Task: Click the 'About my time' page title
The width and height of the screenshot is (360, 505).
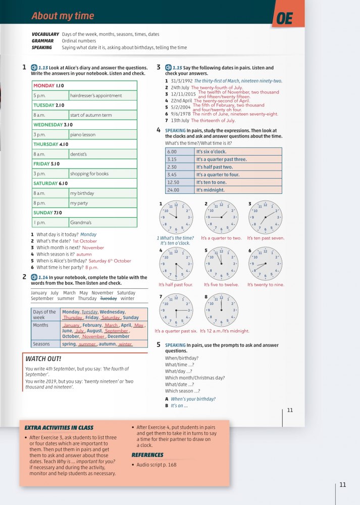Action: (x=63, y=16)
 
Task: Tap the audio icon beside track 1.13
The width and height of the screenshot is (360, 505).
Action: (x=34, y=67)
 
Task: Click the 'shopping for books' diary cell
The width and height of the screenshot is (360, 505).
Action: (x=89, y=174)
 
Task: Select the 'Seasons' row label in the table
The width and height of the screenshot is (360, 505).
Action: (x=41, y=344)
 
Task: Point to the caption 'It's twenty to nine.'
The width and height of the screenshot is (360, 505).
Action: (x=266, y=285)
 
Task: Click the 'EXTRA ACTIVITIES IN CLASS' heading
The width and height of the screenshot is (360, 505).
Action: (x=59, y=428)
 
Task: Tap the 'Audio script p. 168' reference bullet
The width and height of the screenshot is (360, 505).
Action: (x=157, y=465)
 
